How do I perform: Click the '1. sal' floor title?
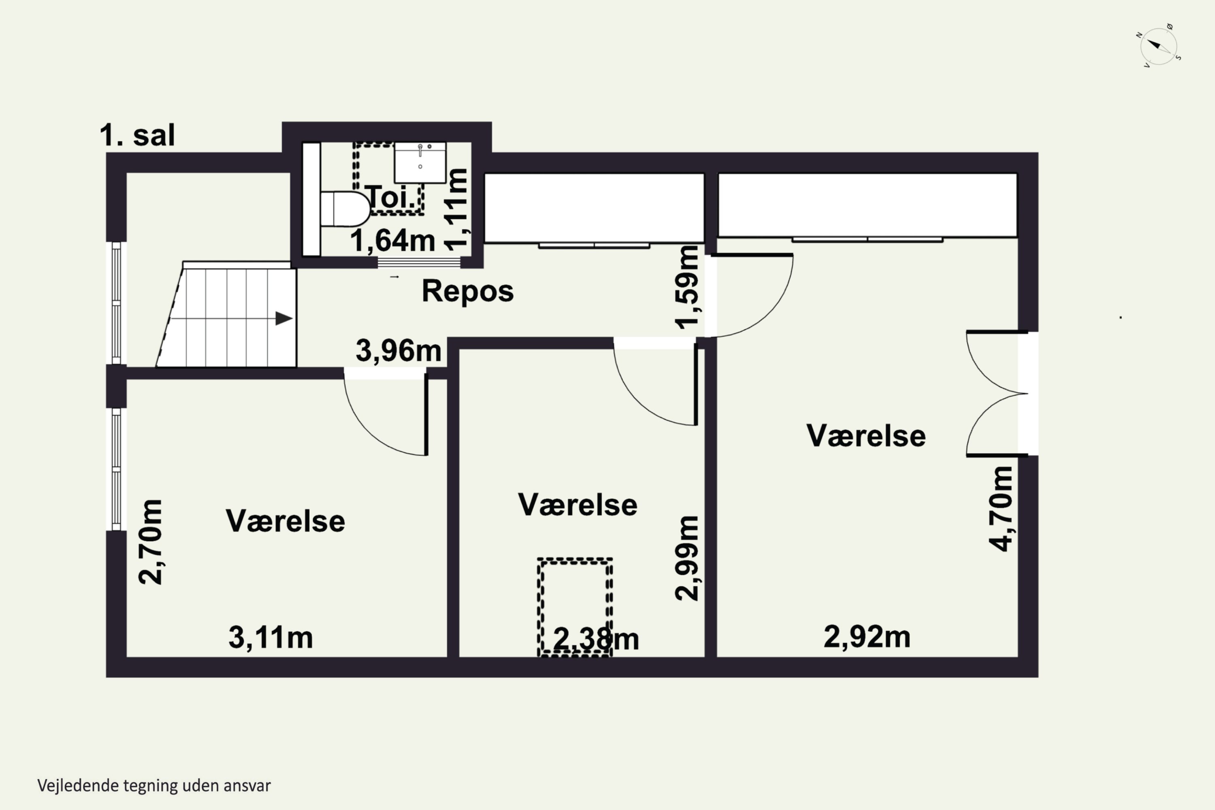click(x=137, y=135)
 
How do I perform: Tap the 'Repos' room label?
click(x=467, y=291)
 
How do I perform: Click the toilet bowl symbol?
click(x=345, y=209)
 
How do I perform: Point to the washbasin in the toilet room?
click(x=420, y=163)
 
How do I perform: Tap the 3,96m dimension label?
click(x=398, y=351)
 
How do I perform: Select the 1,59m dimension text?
click(x=688, y=287)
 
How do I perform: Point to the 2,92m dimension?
click(x=867, y=636)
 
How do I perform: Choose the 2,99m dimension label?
click(x=687, y=558)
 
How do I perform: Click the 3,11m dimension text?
click(x=271, y=637)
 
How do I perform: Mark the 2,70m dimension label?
click(x=150, y=542)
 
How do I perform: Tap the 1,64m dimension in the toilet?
click(x=392, y=241)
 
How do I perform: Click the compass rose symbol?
click(x=1159, y=47)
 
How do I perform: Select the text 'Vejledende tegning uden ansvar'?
click(x=154, y=786)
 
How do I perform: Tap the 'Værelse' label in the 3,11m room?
click(x=285, y=521)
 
